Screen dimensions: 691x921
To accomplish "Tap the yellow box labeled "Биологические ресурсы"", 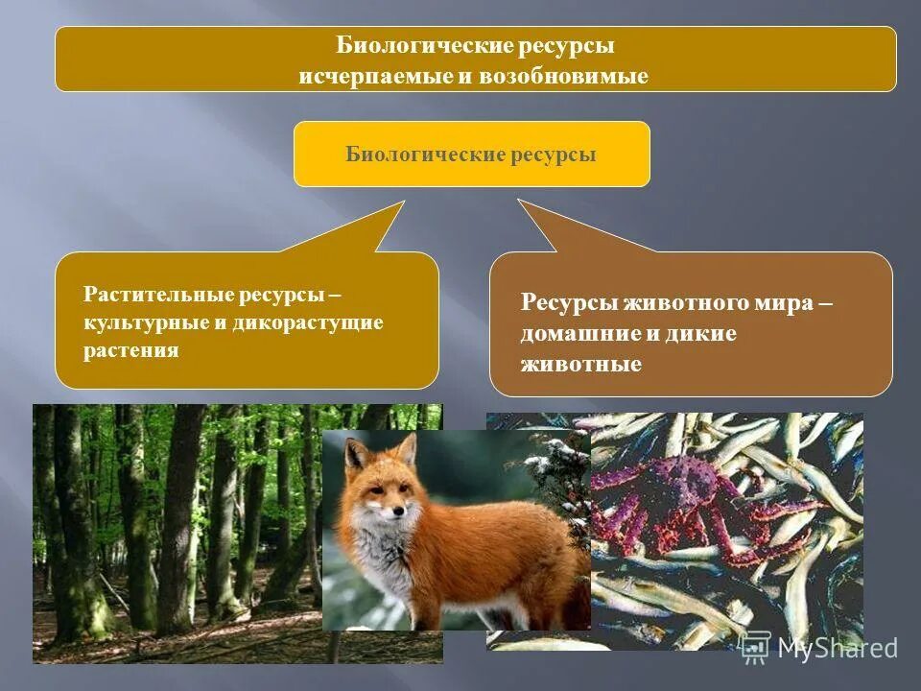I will pyautogui.click(x=471, y=154).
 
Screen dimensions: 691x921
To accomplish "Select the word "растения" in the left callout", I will pyautogui.click(x=131, y=350).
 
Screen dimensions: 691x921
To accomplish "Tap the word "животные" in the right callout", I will pyautogui.click(x=580, y=364).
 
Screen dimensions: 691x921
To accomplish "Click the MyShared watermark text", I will pyautogui.click(x=838, y=648).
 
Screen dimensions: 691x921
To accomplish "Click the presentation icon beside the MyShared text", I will pyautogui.click(x=756, y=646).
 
